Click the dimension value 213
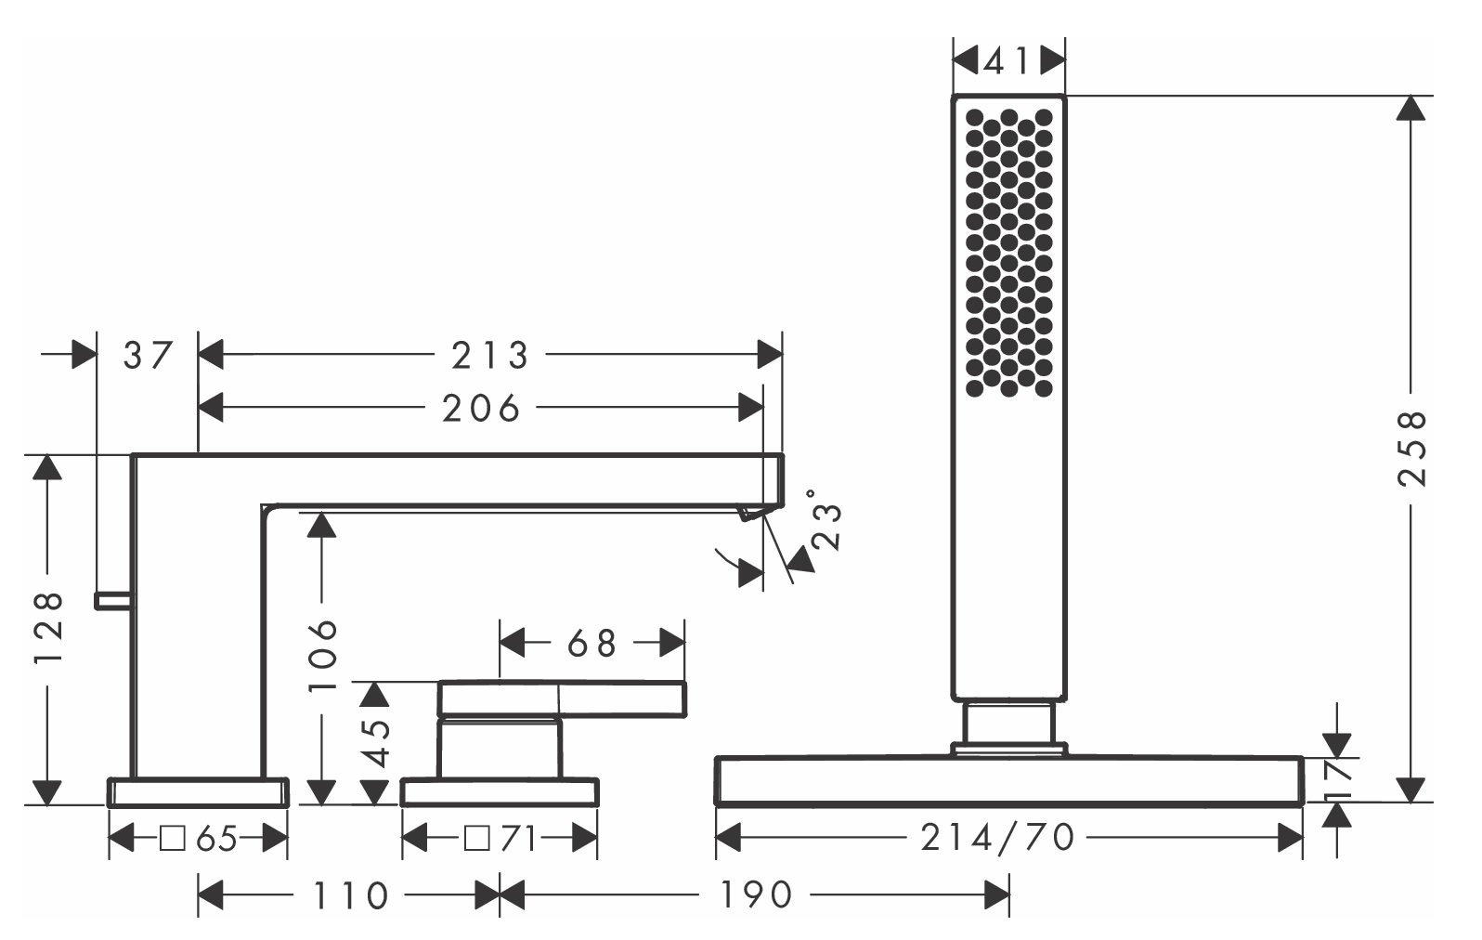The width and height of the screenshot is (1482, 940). pos(489,355)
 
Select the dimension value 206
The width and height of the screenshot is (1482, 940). pos(480,408)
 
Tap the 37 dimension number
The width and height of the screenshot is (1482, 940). pos(148,355)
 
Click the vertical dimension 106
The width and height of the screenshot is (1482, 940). pos(322,656)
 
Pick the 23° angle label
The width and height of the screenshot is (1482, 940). pos(825,520)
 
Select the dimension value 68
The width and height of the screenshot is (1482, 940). pos(591,643)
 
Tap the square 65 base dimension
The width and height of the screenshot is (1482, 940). pos(199,840)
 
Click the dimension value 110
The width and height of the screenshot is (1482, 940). pos(349,896)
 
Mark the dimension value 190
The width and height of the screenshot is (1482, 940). pos(755,896)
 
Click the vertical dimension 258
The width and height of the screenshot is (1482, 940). pos(1410,448)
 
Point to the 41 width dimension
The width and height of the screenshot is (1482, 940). pos(1009,62)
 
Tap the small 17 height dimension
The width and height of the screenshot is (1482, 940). pos(1337,778)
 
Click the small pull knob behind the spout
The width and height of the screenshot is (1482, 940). pos(112,601)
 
